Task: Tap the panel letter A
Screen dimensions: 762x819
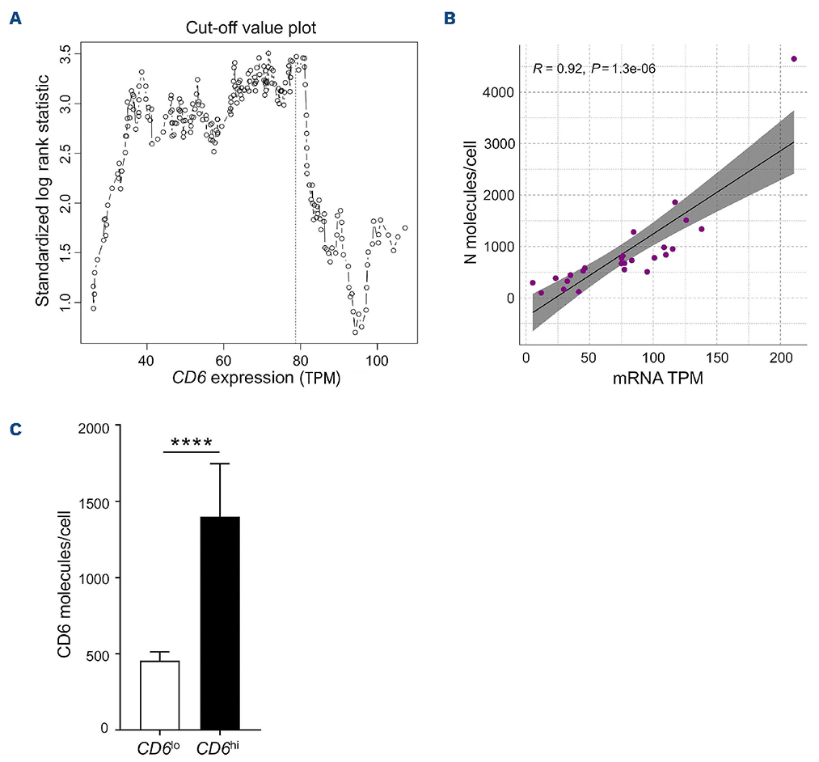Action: coord(14,18)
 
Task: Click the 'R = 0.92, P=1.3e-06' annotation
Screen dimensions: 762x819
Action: coord(594,69)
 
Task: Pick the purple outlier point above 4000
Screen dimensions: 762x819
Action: coord(794,59)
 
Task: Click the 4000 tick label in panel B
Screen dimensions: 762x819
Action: coord(496,93)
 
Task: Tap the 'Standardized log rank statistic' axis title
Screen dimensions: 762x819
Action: coord(42,191)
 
